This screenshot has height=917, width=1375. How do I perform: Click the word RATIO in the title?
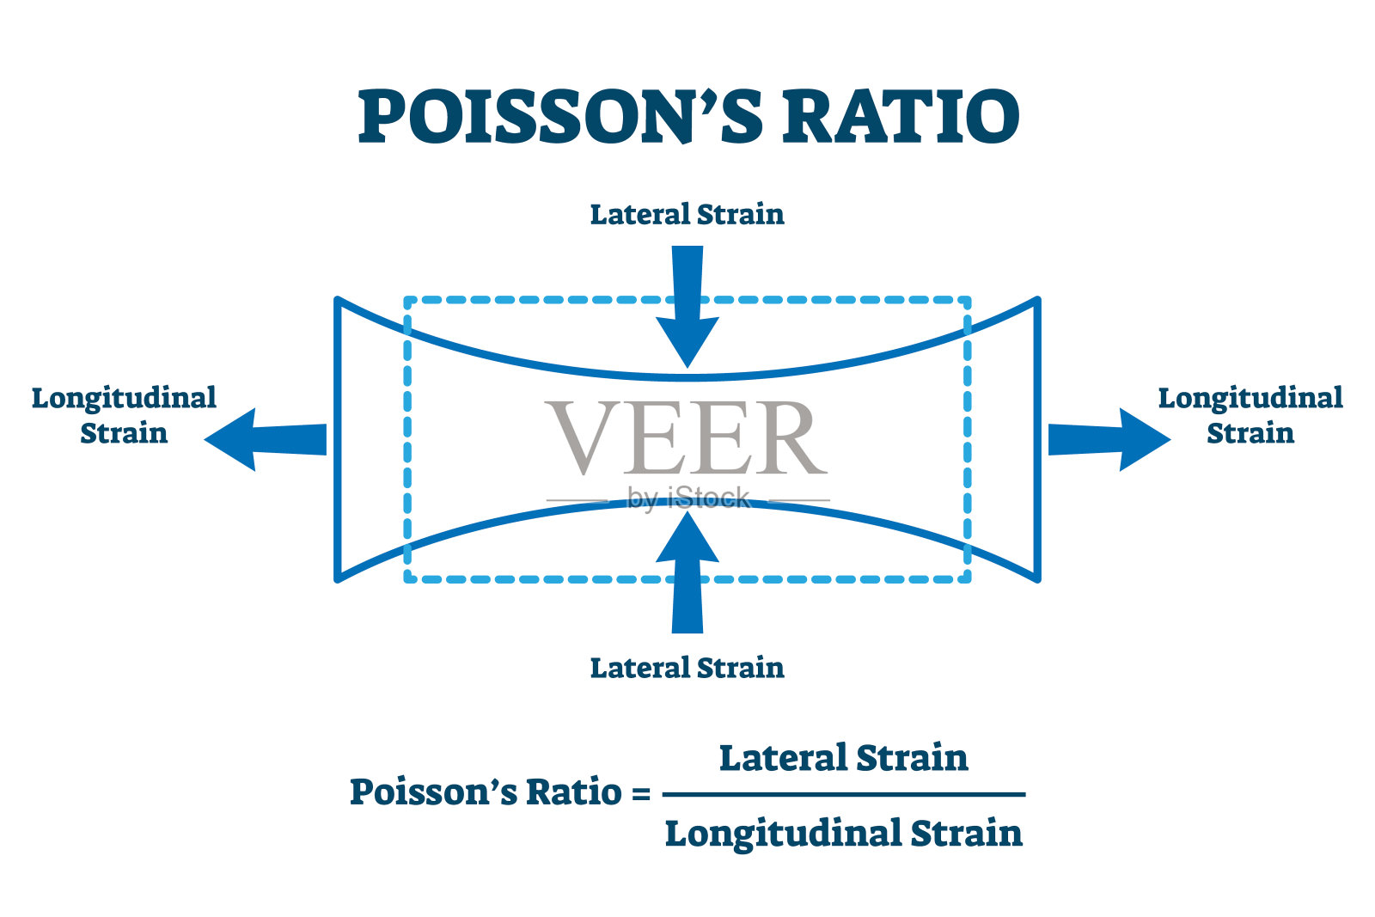[901, 117]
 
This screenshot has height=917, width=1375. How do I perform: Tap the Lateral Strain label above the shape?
[687, 214]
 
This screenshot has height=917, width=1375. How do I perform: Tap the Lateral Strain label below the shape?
[687, 668]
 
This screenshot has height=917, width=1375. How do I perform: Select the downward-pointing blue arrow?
[687, 307]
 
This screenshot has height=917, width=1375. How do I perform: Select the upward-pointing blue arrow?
[687, 572]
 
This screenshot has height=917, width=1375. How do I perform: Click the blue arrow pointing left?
[266, 439]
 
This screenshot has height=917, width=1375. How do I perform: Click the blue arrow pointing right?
[1109, 439]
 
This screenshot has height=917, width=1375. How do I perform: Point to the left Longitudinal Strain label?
[124, 415]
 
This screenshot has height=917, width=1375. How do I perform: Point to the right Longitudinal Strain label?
[1250, 415]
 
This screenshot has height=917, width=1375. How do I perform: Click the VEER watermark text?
[685, 437]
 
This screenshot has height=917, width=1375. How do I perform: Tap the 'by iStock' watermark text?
[688, 498]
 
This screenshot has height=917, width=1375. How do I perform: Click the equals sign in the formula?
[641, 793]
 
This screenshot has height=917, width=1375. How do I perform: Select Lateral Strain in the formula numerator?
[843, 758]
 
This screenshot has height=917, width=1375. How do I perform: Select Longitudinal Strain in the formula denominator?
[844, 834]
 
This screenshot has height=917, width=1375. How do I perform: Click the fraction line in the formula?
[844, 795]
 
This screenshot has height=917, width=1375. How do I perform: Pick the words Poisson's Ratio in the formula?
[486, 792]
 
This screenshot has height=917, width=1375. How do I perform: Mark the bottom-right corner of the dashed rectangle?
[968, 579]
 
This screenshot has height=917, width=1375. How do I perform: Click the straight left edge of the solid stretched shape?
[338, 439]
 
